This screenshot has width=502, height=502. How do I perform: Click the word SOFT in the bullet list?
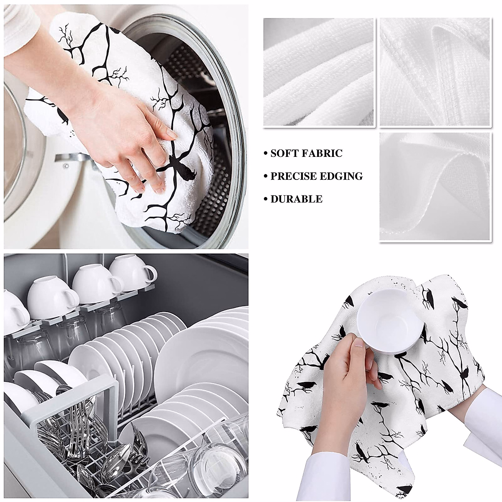pos(284,154)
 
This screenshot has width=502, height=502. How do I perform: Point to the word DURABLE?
pos(296,199)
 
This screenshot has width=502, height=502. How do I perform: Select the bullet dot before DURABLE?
pos(266,200)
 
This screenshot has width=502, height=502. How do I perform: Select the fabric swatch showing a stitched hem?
pos(434,72)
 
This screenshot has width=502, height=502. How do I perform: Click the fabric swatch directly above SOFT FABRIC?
pos(319,72)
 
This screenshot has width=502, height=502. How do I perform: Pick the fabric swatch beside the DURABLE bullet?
pos(434,187)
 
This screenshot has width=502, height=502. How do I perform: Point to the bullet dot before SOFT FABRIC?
pos(266,154)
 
